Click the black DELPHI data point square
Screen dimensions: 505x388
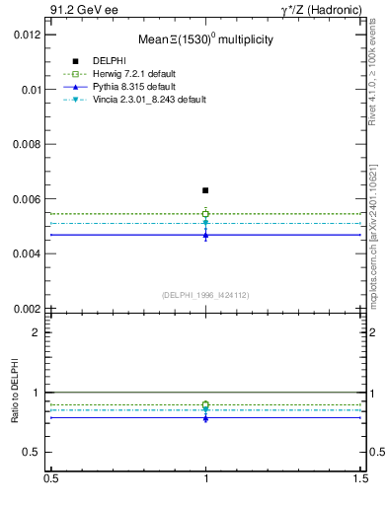(x=205, y=190)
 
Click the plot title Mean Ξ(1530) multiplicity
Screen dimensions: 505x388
(x=205, y=40)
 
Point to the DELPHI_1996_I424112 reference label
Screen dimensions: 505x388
(x=205, y=294)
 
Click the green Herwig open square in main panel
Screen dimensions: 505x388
(x=205, y=213)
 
